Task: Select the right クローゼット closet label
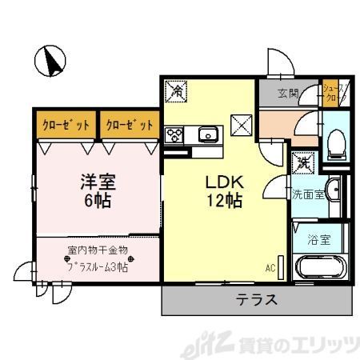[x=129, y=125]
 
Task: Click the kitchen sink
[x=207, y=134]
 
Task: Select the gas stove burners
[x=174, y=135]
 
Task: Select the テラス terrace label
[x=256, y=301]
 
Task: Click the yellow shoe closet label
[x=331, y=91]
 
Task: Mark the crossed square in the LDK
[x=241, y=124]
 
